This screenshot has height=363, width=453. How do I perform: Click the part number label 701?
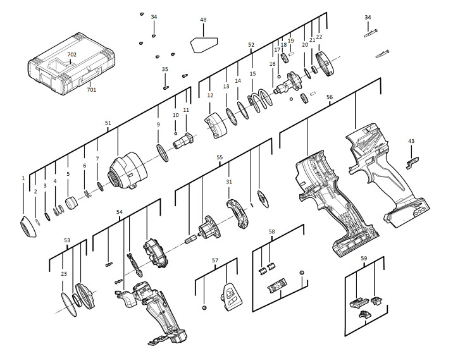point(92,90)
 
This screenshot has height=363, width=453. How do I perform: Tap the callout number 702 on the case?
point(72,55)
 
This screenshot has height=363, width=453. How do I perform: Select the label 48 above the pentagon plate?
point(203,20)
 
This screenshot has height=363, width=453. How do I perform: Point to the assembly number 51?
point(108,123)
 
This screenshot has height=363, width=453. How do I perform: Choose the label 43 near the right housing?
point(411,141)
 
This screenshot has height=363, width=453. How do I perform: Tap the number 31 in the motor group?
point(229,182)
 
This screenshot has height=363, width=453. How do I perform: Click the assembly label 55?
point(220,156)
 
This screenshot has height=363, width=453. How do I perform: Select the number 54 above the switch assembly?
point(119,212)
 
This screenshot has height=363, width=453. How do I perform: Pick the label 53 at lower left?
point(67,240)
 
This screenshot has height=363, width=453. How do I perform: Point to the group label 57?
point(214,261)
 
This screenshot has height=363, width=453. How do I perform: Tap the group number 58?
point(272,232)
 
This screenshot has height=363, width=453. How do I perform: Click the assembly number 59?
point(364,259)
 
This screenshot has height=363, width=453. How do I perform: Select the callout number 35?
point(165,69)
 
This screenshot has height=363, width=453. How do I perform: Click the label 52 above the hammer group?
point(251,45)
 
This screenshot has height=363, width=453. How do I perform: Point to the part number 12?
point(210,95)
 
